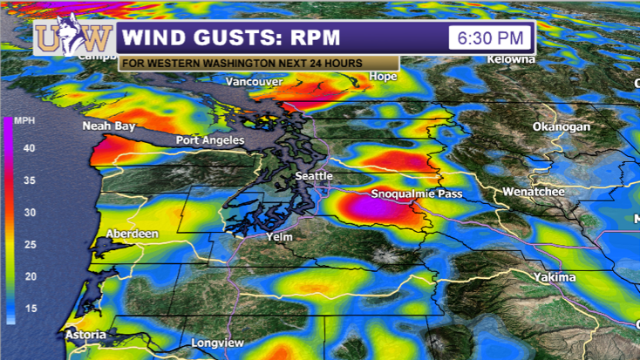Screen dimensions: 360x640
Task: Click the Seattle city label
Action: click(x=314, y=176)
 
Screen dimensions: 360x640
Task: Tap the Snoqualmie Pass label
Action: click(x=417, y=194)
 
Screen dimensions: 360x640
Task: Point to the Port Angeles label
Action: click(x=210, y=140)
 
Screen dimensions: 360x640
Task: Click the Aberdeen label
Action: click(x=132, y=234)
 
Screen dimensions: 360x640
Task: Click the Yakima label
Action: click(x=555, y=277)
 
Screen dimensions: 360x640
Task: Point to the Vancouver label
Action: click(x=254, y=82)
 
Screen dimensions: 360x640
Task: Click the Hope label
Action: click(x=384, y=76)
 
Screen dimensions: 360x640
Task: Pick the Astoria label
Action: click(x=85, y=335)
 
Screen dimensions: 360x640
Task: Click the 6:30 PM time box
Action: click(x=489, y=37)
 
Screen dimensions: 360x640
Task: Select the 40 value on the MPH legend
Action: click(x=30, y=148)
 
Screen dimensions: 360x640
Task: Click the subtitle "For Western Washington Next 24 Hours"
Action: click(x=258, y=64)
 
